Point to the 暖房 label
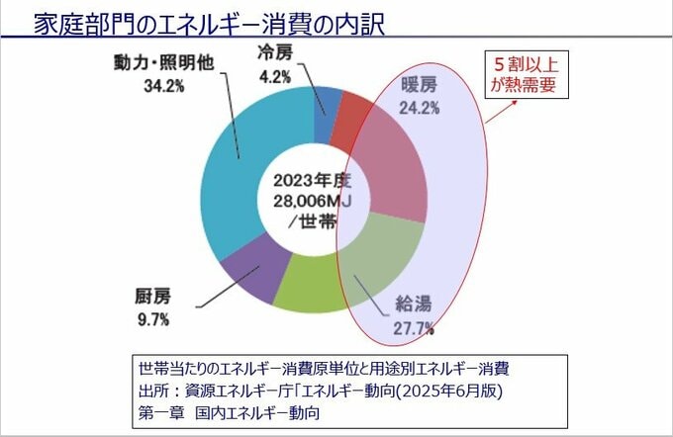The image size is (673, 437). [x=416, y=89]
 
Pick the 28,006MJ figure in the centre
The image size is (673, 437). [x=308, y=200]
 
